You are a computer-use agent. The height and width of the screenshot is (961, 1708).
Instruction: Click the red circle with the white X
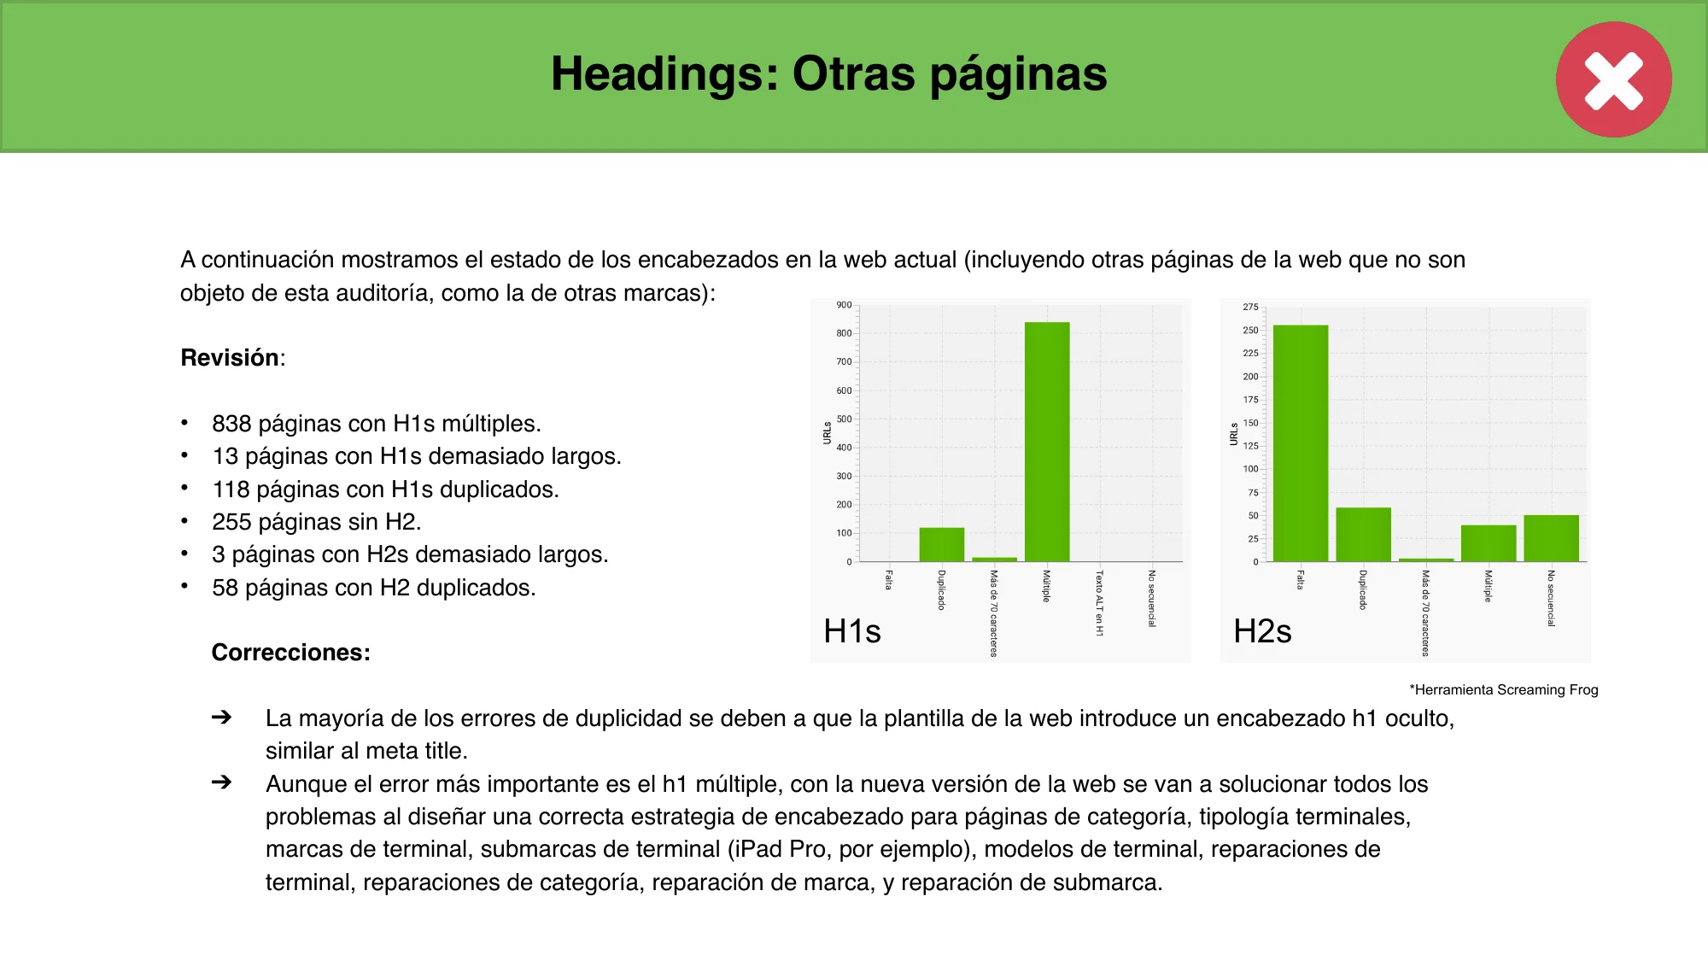pos(1613,79)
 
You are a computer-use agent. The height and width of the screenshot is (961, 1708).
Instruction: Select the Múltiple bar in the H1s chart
pos(1047,441)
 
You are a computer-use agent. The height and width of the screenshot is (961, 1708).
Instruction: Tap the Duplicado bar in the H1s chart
pos(941,544)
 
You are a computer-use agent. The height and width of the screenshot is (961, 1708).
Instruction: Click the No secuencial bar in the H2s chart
pos(1551,538)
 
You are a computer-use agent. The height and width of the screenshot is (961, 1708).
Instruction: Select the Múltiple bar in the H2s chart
pos(1488,543)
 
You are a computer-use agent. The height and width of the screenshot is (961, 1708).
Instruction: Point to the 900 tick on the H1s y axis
pos(844,305)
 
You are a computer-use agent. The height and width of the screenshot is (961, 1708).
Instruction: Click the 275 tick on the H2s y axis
pos(1250,307)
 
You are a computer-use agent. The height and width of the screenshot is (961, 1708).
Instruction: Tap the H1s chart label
pos(851,631)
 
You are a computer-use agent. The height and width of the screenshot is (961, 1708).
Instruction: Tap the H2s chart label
pos(1262,631)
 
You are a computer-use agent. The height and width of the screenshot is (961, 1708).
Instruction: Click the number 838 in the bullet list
pos(231,424)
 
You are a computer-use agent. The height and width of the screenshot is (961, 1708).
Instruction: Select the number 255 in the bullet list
pos(231,522)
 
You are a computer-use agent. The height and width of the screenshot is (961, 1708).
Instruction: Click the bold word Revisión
pos(230,358)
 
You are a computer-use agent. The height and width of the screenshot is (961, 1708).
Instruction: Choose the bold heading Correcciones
pos(290,653)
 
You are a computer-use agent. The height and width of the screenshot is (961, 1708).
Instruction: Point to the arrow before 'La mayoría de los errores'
pos(221,718)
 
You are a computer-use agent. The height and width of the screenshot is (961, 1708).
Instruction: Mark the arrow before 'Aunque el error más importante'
pos(221,782)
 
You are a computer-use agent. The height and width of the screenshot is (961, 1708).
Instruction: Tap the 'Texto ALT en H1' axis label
pos(1099,603)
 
